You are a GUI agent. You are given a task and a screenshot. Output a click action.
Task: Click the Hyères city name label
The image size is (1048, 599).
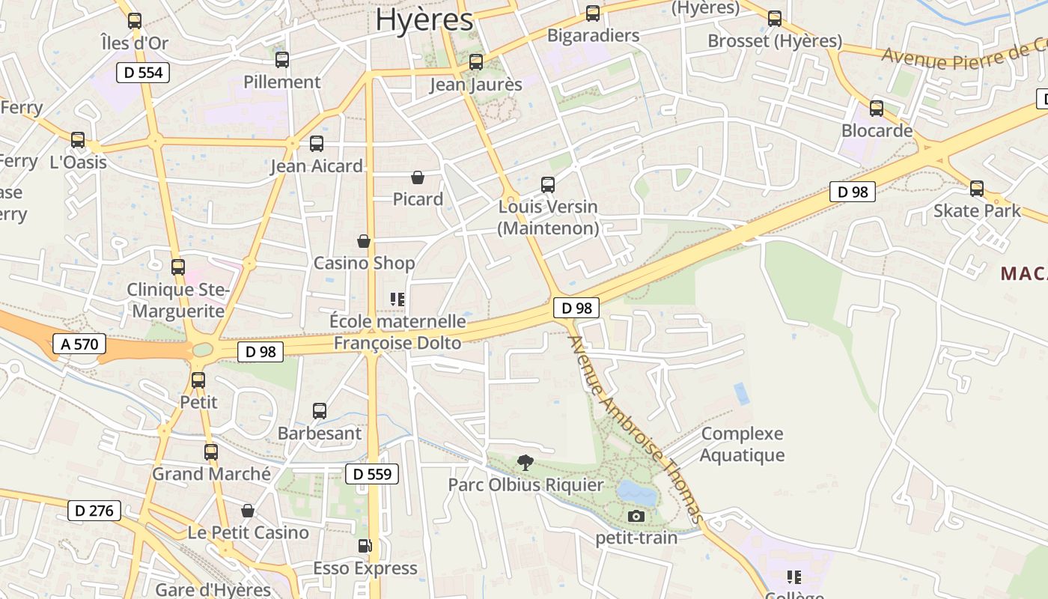click(424, 20)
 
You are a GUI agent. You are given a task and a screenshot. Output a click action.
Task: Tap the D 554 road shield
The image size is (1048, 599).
click(143, 73)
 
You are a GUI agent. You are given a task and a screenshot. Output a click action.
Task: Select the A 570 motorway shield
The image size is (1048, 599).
click(79, 344)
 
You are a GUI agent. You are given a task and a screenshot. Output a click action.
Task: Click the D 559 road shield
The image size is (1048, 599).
click(372, 474)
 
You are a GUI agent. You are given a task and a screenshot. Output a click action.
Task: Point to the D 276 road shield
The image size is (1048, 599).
click(94, 511)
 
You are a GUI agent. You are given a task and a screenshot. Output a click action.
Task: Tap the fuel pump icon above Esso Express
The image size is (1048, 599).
click(365, 546)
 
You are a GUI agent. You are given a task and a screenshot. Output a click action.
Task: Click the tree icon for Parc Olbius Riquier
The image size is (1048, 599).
click(526, 462)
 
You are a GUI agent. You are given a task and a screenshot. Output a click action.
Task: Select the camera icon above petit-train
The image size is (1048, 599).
click(636, 516)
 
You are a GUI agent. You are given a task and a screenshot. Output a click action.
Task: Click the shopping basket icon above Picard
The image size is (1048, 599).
click(418, 177)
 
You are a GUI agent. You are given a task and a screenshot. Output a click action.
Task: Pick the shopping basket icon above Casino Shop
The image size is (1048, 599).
click(364, 241)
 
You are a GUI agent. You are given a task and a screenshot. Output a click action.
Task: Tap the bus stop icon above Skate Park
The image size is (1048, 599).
click(977, 189)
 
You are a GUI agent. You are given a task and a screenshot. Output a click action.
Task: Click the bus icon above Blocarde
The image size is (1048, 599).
click(877, 109)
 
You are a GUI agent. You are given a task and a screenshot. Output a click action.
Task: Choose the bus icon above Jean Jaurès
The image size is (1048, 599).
click(476, 62)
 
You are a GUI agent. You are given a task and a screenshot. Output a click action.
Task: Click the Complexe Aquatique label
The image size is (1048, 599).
click(743, 444)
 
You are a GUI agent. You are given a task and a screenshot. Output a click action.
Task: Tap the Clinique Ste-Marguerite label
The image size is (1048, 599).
click(177, 300)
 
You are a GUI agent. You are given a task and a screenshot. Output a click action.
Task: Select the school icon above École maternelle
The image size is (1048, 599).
click(397, 299)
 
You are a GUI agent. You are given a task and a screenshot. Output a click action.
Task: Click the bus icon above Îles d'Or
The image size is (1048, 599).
click(135, 21)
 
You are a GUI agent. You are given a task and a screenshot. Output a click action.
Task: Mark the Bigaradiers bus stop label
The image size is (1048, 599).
click(593, 35)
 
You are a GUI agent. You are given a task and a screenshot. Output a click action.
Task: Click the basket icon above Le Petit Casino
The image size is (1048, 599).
click(248, 511)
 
